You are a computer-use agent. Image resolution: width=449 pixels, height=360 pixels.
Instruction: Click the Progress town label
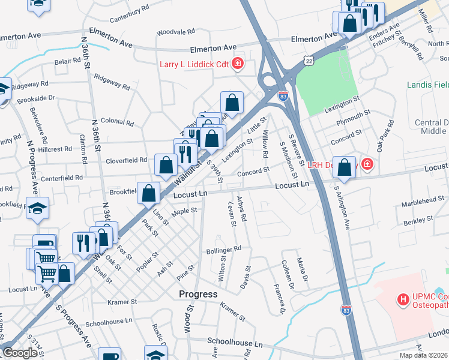point(198,294)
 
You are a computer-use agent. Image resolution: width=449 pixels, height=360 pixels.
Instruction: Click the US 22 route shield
point(309,61)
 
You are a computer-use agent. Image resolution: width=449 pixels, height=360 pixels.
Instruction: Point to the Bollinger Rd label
point(224,248)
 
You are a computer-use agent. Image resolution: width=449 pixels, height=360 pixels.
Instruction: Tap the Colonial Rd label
point(117,122)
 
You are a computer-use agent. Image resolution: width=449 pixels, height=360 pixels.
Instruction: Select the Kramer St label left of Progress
point(122,302)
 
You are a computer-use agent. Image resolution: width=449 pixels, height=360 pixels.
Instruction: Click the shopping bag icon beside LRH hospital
point(345,169)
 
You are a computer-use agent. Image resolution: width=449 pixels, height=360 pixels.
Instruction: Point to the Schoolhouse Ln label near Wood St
point(235,344)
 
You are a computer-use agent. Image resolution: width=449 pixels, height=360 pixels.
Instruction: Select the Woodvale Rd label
point(175,31)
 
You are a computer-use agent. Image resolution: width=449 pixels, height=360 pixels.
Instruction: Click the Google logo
point(20,353)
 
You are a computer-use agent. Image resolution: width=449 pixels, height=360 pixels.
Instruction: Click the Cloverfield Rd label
point(127,160)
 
